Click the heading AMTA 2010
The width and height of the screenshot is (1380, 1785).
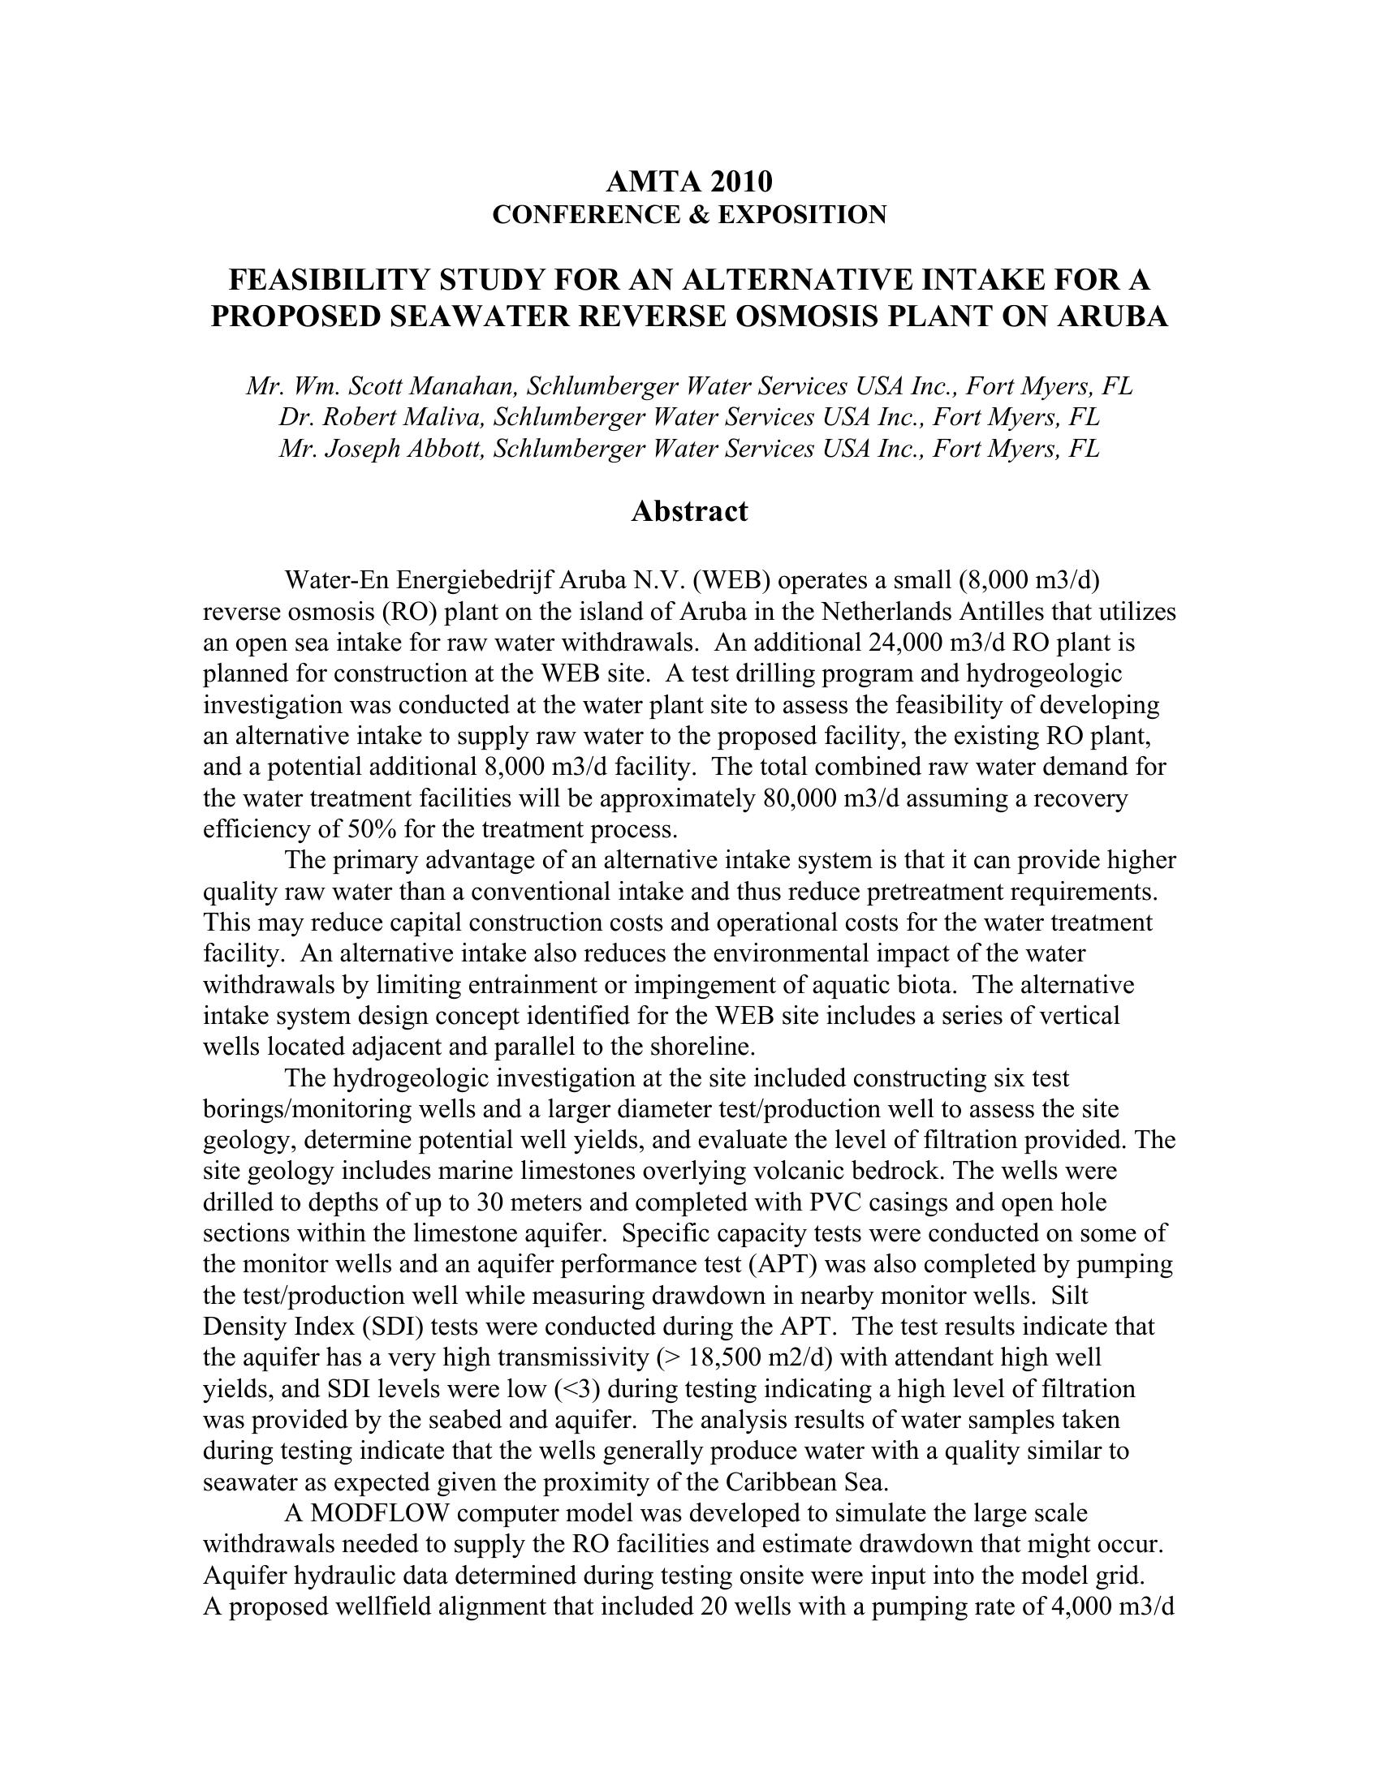689,181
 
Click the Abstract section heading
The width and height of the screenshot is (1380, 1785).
689,512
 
